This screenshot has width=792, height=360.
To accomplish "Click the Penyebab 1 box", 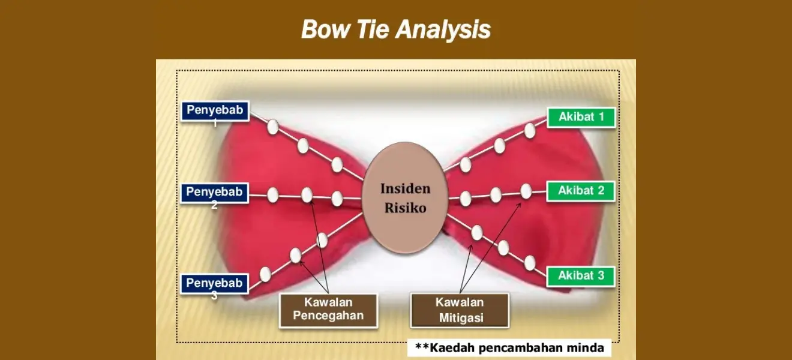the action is coord(215,111).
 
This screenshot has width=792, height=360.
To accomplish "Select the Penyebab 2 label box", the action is coord(214,193).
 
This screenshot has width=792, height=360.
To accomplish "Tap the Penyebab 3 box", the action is coord(214,284).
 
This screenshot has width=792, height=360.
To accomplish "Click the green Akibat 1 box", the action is coord(581,117).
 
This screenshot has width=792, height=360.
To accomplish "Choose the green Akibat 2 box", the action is coord(581,191).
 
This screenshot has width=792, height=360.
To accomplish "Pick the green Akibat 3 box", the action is coord(581,276).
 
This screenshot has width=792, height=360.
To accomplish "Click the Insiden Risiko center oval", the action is coord(405,197).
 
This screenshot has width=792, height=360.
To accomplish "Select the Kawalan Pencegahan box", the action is coord(328,311).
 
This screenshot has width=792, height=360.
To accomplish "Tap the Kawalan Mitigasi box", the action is coord(460,310).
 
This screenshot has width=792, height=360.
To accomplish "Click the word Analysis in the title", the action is coord(443,30).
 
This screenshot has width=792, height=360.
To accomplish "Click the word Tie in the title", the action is coord(373,29).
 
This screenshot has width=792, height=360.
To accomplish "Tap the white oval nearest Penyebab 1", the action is coord(272,127).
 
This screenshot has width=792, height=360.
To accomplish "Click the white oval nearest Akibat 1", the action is coord(530,131).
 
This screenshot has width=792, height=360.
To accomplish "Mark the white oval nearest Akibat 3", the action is coord(530,263).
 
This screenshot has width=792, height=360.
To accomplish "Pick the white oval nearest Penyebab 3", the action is coord(265,274).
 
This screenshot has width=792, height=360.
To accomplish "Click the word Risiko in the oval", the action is coord(405,208).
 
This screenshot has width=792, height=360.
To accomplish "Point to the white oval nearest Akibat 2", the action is coord(526,191).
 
